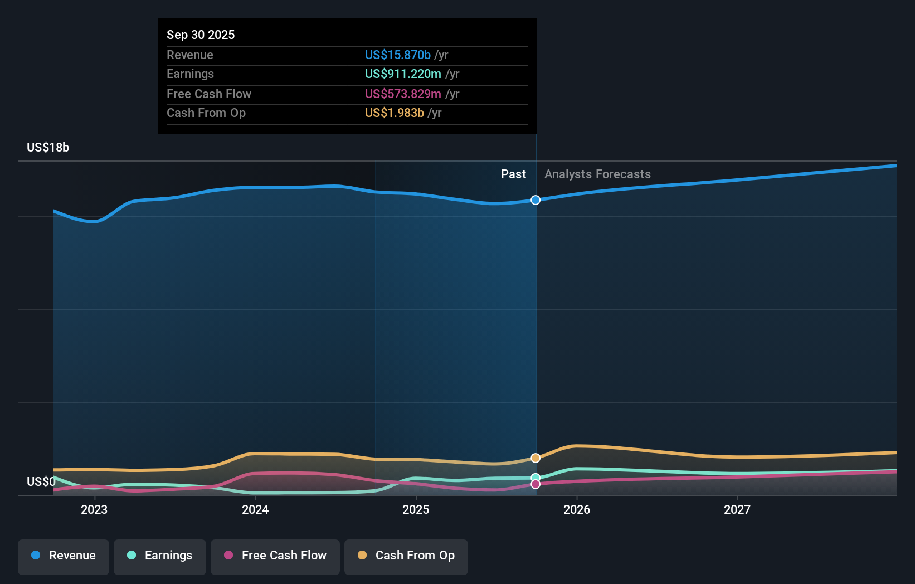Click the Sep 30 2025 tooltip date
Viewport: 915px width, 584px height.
point(201,35)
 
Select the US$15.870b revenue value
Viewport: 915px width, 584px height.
point(397,55)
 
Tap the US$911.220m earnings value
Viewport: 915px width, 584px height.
point(402,74)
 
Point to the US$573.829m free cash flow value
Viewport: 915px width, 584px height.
point(402,94)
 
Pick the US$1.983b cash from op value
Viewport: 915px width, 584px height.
point(394,113)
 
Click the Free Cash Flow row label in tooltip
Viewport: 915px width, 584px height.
point(208,94)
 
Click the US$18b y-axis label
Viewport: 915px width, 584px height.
point(48,147)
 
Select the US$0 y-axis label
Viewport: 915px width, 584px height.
point(41,481)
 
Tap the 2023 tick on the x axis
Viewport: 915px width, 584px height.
point(94,509)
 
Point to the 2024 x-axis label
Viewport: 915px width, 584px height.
point(255,509)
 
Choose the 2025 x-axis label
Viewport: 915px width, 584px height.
point(416,509)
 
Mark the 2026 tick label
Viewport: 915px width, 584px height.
point(577,509)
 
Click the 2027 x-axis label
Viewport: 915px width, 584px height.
point(737,509)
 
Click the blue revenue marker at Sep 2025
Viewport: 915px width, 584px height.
point(536,200)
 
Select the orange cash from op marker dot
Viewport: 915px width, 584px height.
point(536,458)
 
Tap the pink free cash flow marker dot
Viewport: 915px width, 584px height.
point(536,484)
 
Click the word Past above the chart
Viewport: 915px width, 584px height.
point(513,174)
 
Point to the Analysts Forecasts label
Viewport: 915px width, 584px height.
point(597,174)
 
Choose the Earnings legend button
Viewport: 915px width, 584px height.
point(160,556)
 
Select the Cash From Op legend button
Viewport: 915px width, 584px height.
point(406,556)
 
